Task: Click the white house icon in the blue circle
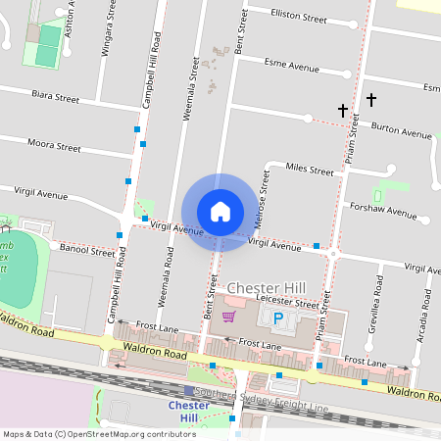pyautogui.click(x=220, y=212)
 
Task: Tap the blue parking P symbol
pyautogui.click(x=277, y=318)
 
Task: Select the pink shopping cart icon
pyautogui.click(x=229, y=317)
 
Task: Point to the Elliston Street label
pyautogui.click(x=300, y=17)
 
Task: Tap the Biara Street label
pyautogui.click(x=55, y=98)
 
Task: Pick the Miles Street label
pyautogui.click(x=309, y=169)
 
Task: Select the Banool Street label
pyautogui.click(x=87, y=251)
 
